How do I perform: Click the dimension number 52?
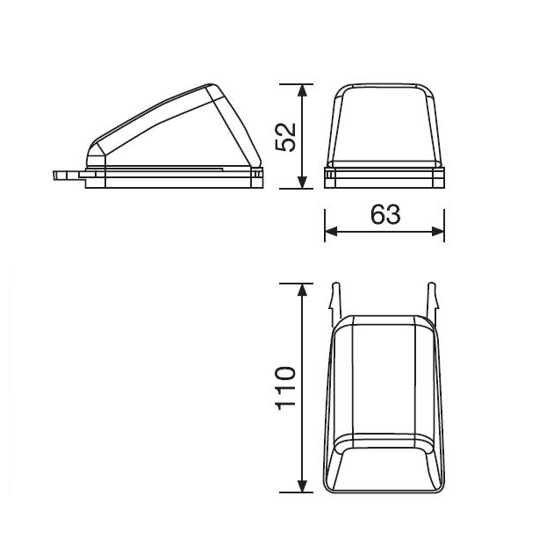click(285, 136)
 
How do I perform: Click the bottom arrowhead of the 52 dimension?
click(302, 182)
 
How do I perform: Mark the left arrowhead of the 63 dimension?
click(331, 232)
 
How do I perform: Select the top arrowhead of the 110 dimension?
click(303, 291)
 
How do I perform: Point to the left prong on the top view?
click(334, 299)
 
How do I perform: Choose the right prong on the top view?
click(434, 299)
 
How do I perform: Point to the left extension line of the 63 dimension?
click(325, 219)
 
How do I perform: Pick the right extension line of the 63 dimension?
click(444, 219)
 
